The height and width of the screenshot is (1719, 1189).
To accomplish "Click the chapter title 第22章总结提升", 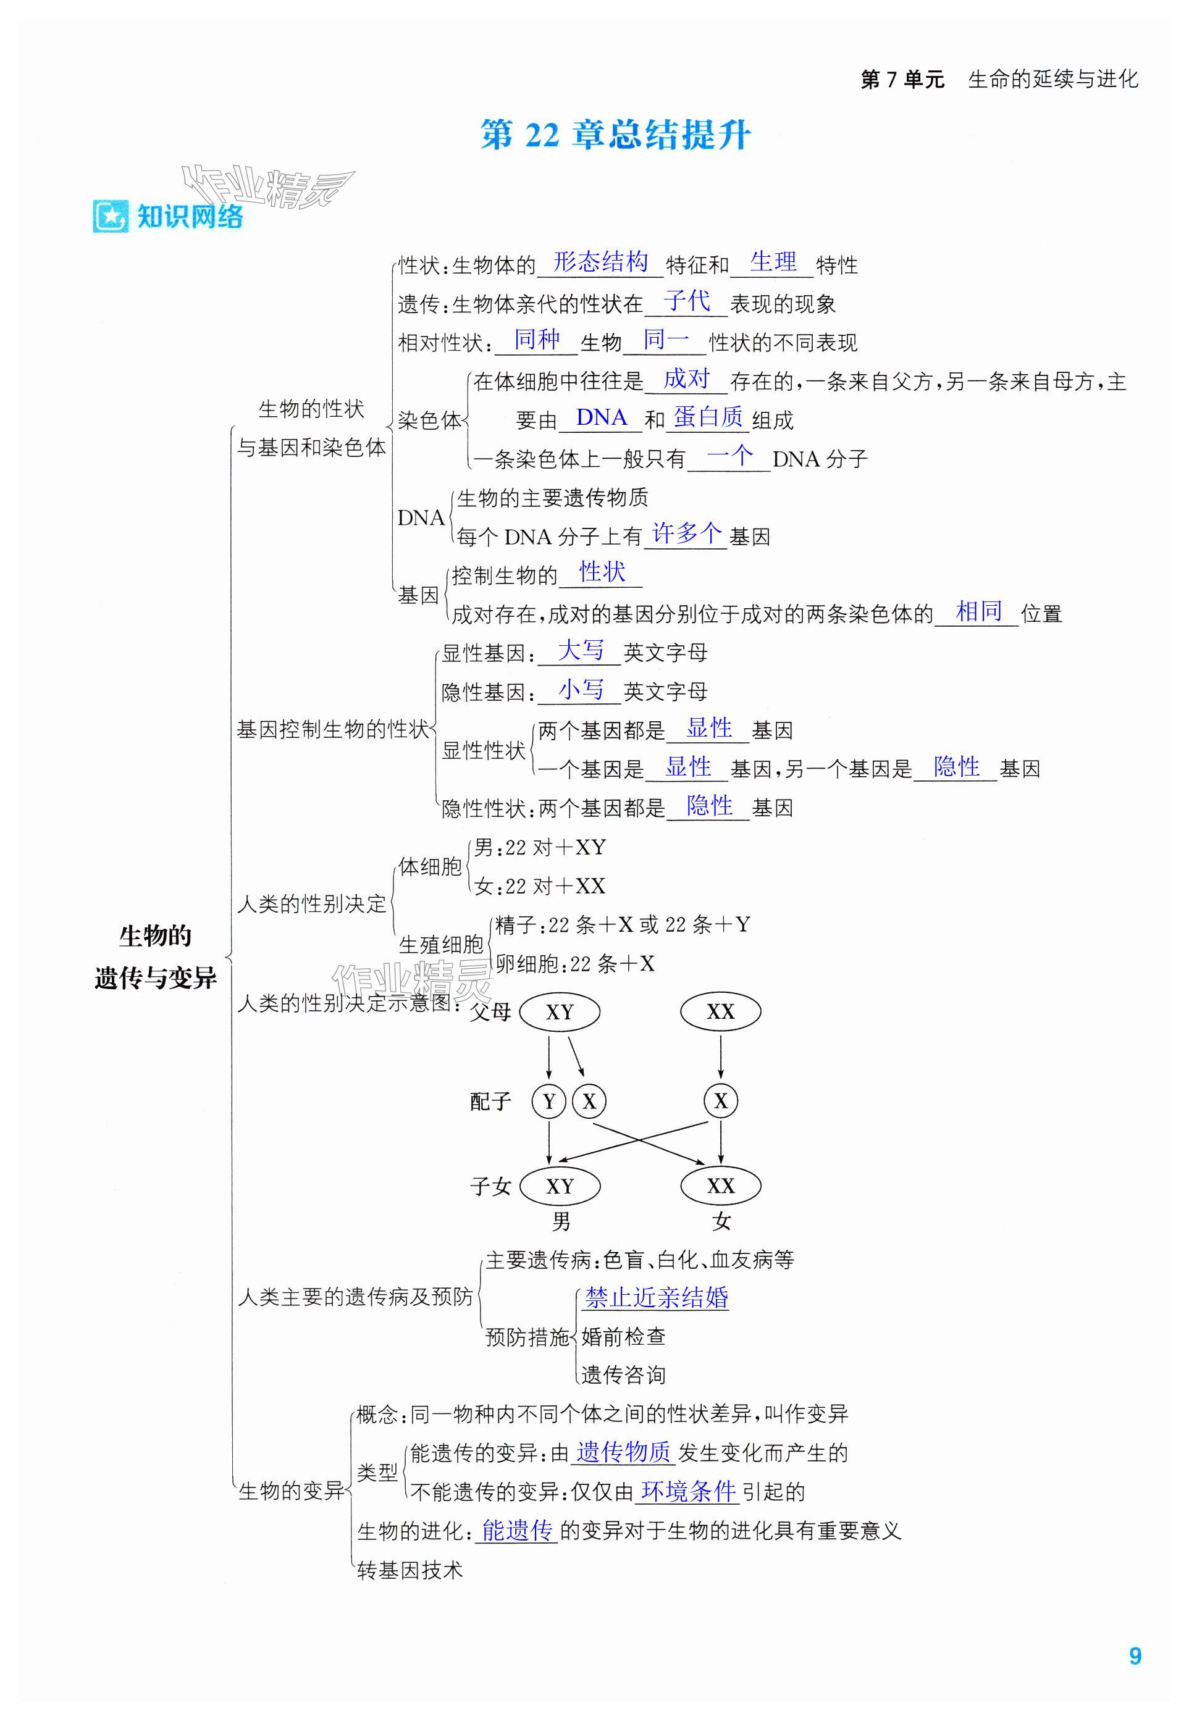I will [615, 135].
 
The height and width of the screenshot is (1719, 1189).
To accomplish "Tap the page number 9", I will [1135, 1655].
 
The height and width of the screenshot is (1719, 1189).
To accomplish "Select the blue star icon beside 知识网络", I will [111, 217].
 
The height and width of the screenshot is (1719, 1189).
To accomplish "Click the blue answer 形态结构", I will [600, 262].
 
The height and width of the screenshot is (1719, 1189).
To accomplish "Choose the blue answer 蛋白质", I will [708, 417].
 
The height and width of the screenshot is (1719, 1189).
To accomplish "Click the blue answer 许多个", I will [687, 533].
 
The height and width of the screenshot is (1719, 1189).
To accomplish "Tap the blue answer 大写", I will [581, 650].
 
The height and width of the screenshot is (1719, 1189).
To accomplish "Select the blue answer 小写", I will [581, 689].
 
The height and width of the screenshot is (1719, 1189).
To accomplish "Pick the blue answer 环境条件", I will [688, 1491].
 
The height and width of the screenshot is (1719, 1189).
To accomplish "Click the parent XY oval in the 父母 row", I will [560, 1012].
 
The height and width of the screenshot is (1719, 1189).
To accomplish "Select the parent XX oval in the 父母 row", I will [720, 1012].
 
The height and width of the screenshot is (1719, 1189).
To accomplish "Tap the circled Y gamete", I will [549, 1102].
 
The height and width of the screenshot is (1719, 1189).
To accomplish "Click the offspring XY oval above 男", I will [560, 1187].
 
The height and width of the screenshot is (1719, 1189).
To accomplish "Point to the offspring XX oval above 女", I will [720, 1187].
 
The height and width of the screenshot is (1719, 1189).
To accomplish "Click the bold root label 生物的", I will [155, 935].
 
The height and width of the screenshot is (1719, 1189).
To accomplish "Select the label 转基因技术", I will [410, 1570].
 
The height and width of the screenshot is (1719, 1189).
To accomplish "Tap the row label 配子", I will [490, 1102].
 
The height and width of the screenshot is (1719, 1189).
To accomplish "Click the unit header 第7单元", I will [902, 80].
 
